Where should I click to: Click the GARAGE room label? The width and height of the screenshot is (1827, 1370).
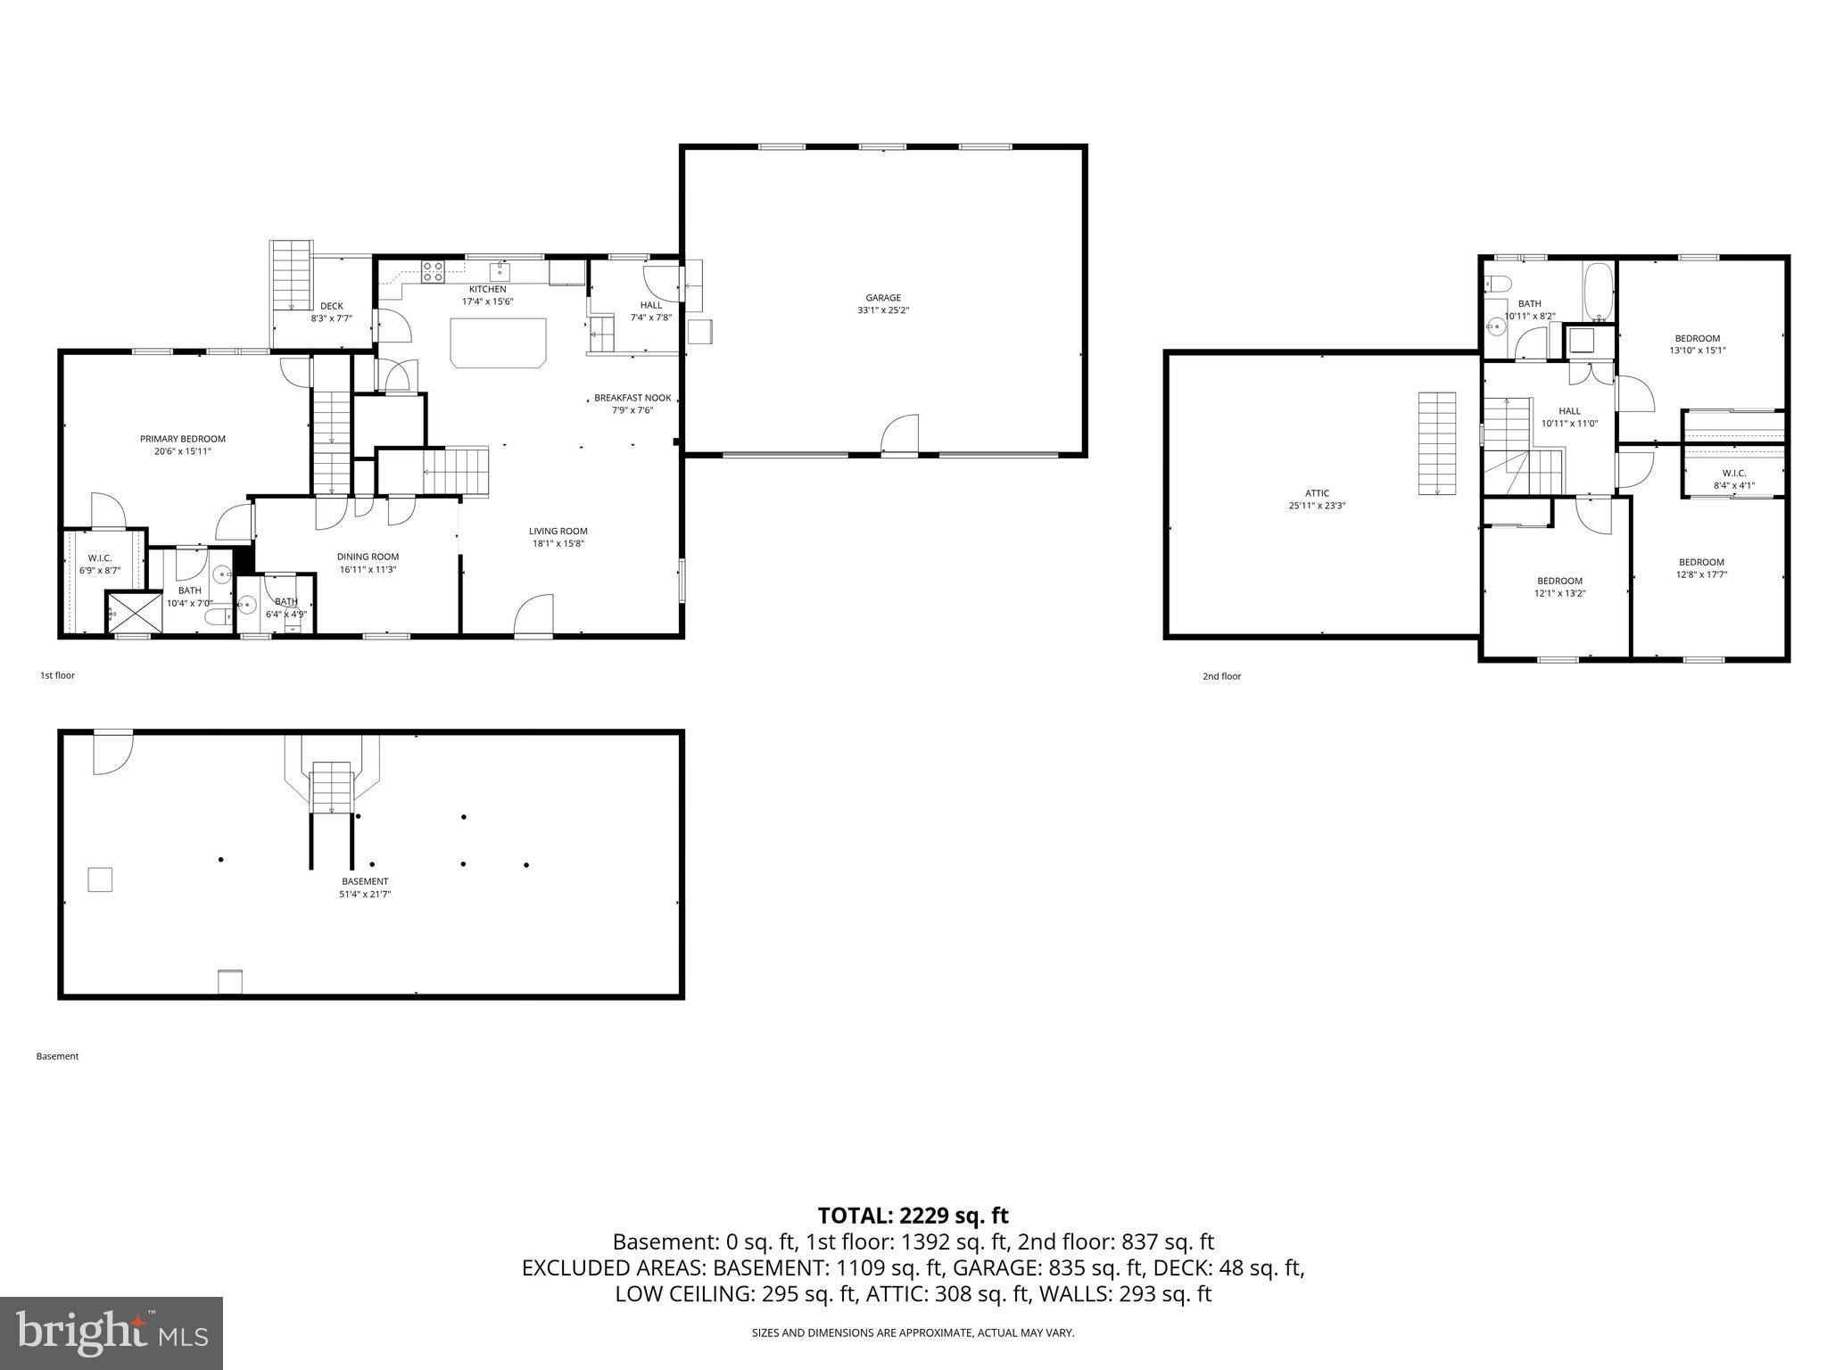click(882, 298)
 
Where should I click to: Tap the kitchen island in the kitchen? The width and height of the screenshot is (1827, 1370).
click(499, 342)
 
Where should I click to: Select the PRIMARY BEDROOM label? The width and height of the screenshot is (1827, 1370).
click(182, 439)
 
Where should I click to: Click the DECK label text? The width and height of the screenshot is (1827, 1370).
click(331, 306)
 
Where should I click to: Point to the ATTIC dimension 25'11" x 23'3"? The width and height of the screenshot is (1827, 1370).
click(1317, 506)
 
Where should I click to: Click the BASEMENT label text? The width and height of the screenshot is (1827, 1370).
click(365, 881)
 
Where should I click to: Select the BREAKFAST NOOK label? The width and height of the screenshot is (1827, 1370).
click(632, 398)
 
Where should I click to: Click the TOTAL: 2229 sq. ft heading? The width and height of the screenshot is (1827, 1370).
click(913, 1215)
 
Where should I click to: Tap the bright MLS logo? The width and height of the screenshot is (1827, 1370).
click(112, 1333)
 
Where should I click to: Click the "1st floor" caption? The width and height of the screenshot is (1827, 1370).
click(57, 675)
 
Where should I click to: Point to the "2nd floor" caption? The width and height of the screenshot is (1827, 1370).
click(1221, 676)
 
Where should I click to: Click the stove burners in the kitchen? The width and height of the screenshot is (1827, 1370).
click(433, 271)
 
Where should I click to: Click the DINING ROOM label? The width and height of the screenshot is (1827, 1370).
click(368, 557)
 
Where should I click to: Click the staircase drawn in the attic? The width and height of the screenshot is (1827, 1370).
click(1437, 443)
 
